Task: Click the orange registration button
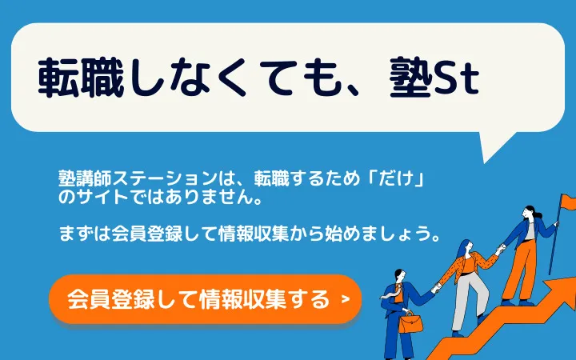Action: (x=205, y=299)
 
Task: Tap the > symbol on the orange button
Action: (x=345, y=300)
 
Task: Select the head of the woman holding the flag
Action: (x=530, y=214)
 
